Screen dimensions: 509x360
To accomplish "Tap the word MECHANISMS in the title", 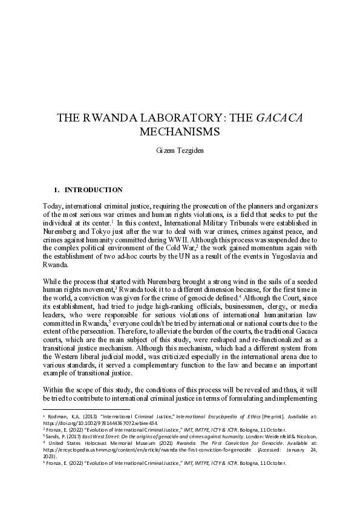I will click(x=180, y=131).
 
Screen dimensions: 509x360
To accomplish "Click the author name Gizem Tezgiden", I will click(x=180, y=149).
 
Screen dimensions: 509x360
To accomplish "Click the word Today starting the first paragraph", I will click(x=55, y=206).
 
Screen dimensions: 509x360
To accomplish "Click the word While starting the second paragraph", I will click(x=55, y=280).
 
